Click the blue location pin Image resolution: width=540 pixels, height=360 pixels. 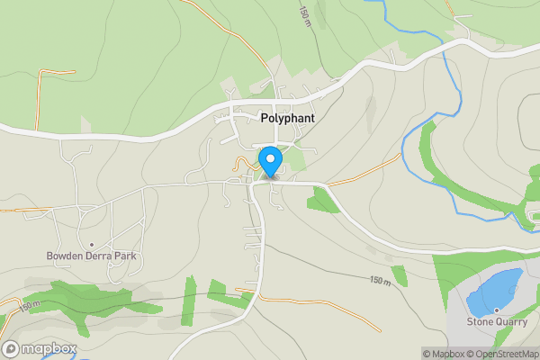270,162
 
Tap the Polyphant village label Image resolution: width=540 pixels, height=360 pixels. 286,117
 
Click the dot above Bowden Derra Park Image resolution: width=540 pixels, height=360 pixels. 91,245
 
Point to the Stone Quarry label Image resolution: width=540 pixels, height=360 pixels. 494,321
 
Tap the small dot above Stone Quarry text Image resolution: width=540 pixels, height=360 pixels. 495,310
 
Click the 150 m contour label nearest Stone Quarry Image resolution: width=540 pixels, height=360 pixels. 381,281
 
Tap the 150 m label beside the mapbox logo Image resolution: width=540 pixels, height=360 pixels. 29,306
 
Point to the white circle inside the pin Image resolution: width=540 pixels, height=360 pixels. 270,158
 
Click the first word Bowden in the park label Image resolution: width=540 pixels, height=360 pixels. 65,256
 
